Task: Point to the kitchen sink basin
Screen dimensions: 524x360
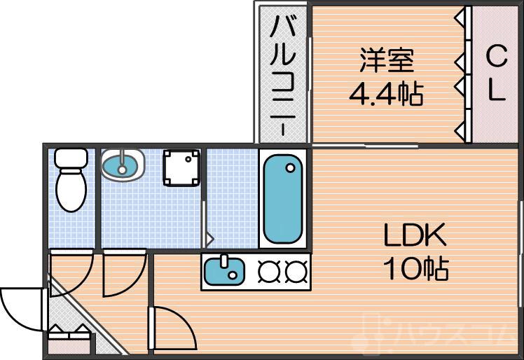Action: point(224,271)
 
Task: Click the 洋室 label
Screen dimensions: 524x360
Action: point(387,61)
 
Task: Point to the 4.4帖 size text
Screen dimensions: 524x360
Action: point(387,92)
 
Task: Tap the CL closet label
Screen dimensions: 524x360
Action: point(496,74)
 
